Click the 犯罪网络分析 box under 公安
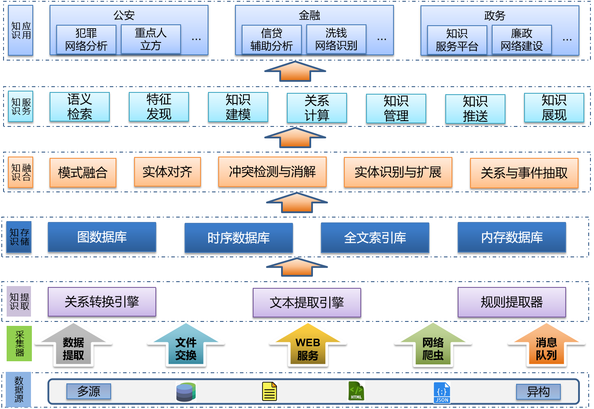tap(86, 39)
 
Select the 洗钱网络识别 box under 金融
tap(336, 39)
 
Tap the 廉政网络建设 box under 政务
tap(521, 40)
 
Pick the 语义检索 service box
tap(80, 107)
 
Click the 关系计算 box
tap(317, 108)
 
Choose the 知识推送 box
tap(475, 109)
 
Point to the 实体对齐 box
tap(167, 172)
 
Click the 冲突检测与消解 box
tap(272, 172)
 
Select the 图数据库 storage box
tap(102, 237)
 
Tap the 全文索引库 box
tap(375, 238)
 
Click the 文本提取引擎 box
tap(307, 302)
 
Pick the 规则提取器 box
tap(512, 302)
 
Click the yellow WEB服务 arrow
tap(308, 348)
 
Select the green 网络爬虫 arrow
tap(433, 348)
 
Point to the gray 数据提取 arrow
tap(73, 348)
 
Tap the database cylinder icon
tap(185, 392)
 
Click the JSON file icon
tap(442, 392)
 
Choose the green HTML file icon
tap(356, 391)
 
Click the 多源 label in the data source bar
tap(89, 391)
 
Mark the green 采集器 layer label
tap(19, 344)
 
